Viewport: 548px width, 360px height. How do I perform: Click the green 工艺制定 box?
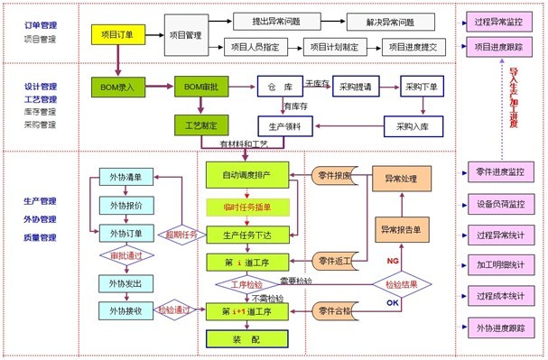201,124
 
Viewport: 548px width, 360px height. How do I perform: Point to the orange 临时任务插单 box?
246,206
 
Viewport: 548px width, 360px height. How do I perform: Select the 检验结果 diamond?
400,282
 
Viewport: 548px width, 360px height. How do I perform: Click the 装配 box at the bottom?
246,338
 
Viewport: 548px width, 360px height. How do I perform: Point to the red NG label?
392,261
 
